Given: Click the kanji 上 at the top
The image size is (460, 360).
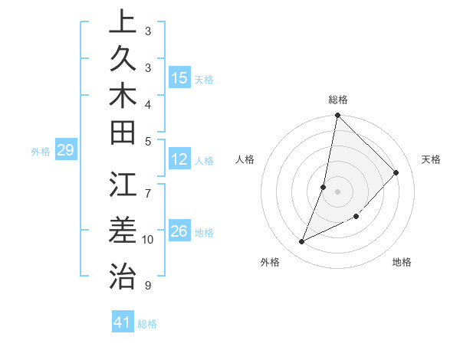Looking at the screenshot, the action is point(122,21).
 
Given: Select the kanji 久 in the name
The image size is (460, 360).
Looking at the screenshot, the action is point(122,58).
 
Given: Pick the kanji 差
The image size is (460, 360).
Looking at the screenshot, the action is point(122,230).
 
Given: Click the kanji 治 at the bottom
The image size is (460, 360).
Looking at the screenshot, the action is point(122,275).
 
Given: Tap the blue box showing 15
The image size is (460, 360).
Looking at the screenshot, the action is point(179,77).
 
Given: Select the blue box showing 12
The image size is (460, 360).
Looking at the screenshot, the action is point(179,160).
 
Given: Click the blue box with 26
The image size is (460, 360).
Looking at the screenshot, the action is point(179,231).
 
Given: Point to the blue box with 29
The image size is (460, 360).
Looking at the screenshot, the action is point(65,150).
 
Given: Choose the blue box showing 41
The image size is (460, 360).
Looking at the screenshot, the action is point(123,322).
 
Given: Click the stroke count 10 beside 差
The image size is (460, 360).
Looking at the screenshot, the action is point(148,240).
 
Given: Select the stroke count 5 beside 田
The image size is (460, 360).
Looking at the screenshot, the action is point(148,141).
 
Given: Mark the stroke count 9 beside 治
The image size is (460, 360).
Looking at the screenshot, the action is point(148,286).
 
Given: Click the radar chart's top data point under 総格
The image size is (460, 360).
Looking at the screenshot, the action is point(337,116).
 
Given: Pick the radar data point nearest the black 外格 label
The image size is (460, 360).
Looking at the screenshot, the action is point(302,242).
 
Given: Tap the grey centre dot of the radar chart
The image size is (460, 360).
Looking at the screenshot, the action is point(337,191).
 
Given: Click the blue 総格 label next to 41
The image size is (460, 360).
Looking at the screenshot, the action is point(147,324).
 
